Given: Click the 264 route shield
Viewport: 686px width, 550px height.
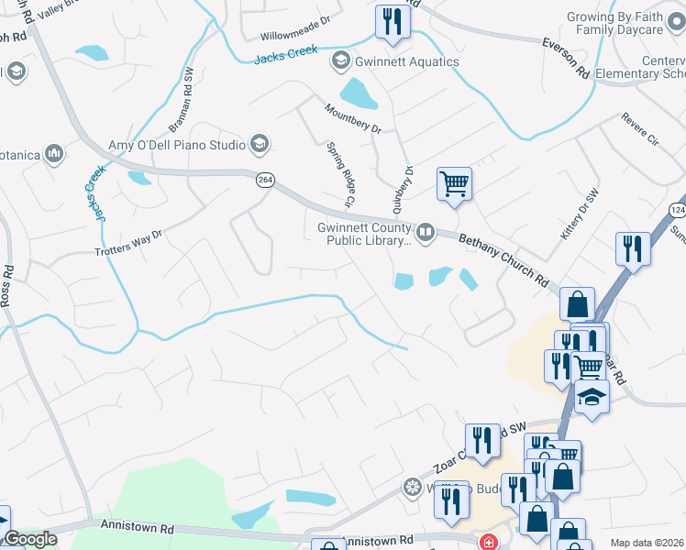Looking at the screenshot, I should [265, 181].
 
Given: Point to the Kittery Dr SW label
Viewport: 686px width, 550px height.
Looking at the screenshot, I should [580, 216].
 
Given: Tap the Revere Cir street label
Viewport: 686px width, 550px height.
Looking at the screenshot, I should [640, 129].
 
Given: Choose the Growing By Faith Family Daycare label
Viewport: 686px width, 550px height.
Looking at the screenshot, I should [627, 24].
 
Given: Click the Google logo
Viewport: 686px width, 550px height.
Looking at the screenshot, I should [29, 539].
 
